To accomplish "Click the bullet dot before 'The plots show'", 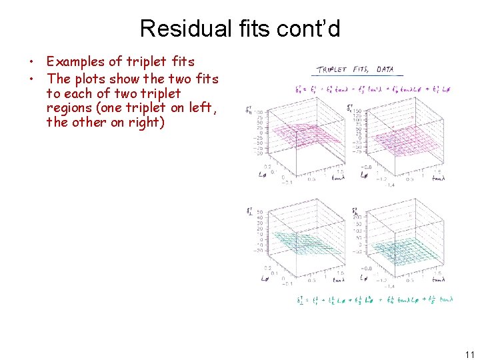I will pyautogui.click(x=31, y=79).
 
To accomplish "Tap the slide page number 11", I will pyautogui.click(x=469, y=354).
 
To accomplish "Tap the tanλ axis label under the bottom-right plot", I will pyautogui.click(x=438, y=280).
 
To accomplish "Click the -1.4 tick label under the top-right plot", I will pyautogui.click(x=390, y=185).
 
